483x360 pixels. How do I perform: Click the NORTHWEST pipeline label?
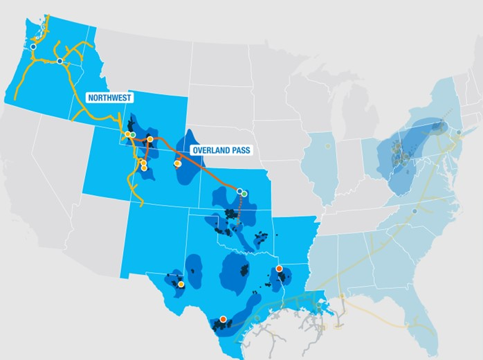coord(109,98)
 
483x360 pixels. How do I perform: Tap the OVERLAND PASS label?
coord(221,150)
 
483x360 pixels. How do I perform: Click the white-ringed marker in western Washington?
coord(33,46)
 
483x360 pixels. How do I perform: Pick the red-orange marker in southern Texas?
coord(223,319)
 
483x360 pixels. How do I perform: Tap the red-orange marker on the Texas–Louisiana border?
coord(279,269)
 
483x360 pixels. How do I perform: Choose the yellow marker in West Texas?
coord(181,284)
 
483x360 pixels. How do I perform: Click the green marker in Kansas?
coord(244,194)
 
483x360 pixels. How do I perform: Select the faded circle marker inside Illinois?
coord(328,146)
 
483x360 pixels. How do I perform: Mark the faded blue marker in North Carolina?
coord(414,210)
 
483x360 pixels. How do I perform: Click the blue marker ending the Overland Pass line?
coord(239,191)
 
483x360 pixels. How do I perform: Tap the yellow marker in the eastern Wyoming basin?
coord(177,164)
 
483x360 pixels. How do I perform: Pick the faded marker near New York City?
coord(457,131)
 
